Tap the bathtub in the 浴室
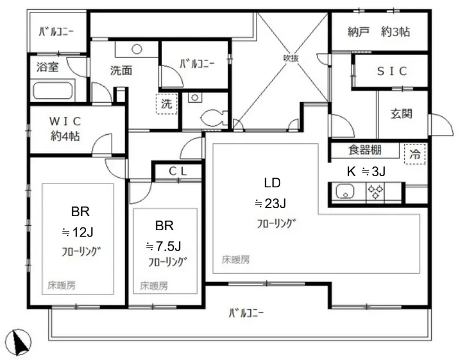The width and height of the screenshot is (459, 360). pos(52,90)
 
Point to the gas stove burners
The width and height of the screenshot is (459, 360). pos(376,192)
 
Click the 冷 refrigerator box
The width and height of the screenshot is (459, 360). pos(414,154)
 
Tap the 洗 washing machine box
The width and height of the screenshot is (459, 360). pos(166,104)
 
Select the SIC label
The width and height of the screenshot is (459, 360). pos(392,71)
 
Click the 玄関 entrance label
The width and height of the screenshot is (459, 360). pos(401,113)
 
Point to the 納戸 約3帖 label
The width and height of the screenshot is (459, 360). pos(378,32)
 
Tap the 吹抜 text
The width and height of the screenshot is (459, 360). pos(290,58)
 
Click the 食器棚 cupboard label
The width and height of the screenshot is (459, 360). pos(365,150)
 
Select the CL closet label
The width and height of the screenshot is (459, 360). pos(178,172)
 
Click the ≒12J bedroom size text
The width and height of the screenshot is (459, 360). pos(78,232)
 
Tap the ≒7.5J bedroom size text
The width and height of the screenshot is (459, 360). pos(164,246)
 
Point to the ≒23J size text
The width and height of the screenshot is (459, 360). pos(270,203)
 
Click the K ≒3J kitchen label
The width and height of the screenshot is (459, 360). pos(366,172)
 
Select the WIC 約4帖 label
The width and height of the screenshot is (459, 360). pos(65,128)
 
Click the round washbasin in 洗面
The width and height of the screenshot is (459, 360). pos(136,49)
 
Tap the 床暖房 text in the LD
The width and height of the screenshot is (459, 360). pos(236,260)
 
